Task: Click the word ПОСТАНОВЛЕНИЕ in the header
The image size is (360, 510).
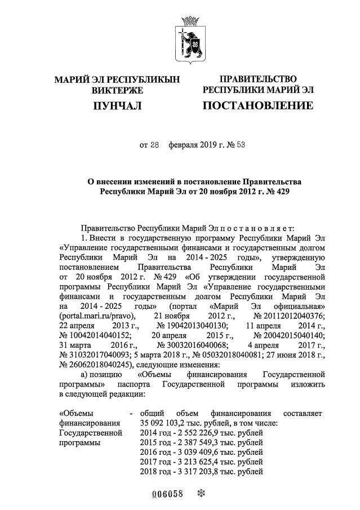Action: pos(257,106)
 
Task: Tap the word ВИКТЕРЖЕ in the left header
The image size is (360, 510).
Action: pos(117,90)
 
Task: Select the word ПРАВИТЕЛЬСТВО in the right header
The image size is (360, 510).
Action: pos(257,79)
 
